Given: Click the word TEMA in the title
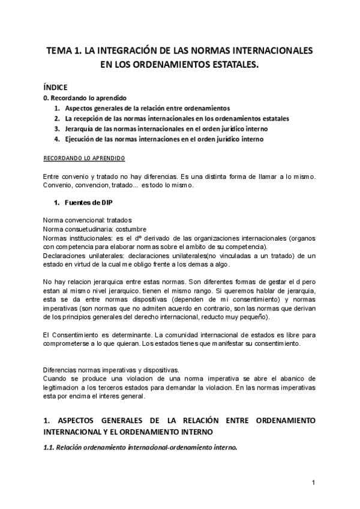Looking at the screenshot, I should coord(60,51).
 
